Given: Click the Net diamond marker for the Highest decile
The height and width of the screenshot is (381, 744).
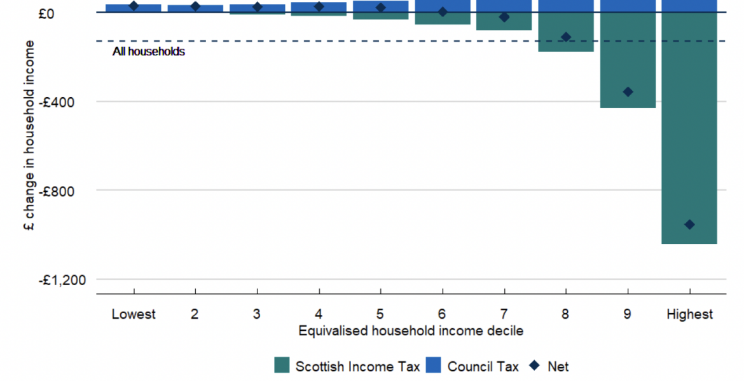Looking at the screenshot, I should coord(689,225).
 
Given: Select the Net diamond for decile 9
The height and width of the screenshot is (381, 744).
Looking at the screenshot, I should coord(628,92).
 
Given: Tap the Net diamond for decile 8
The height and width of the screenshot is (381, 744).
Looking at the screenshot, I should coord(566,37).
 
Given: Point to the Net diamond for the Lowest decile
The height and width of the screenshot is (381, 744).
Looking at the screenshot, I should coord(134,6).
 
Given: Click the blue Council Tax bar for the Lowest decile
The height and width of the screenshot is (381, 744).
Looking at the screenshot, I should coord(134,8).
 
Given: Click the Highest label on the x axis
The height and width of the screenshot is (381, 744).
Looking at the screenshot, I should coord(689,314).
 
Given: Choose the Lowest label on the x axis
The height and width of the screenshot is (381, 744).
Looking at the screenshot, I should coord(134,314).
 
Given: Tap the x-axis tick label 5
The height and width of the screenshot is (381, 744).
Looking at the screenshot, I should coord(380,314).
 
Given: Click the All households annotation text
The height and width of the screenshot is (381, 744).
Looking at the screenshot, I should coord(149,51).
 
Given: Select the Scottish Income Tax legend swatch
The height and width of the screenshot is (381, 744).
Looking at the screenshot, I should coord(282,366).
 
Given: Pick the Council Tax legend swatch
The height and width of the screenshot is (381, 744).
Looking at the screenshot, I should coord(434,366).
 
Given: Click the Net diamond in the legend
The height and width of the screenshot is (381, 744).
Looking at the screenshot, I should coord(534,366).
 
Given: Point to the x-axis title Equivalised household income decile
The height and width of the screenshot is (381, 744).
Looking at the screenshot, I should coord(411,331).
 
